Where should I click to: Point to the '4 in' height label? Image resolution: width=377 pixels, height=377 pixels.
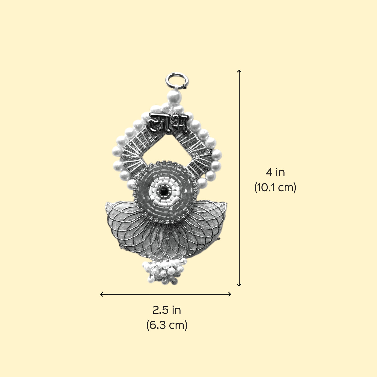[x=275, y=172]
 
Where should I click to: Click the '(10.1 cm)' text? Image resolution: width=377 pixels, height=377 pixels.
[x=275, y=187]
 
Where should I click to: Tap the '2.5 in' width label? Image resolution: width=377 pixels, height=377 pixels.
[x=167, y=310]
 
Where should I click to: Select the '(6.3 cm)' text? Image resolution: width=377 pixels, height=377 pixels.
[x=167, y=325]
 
